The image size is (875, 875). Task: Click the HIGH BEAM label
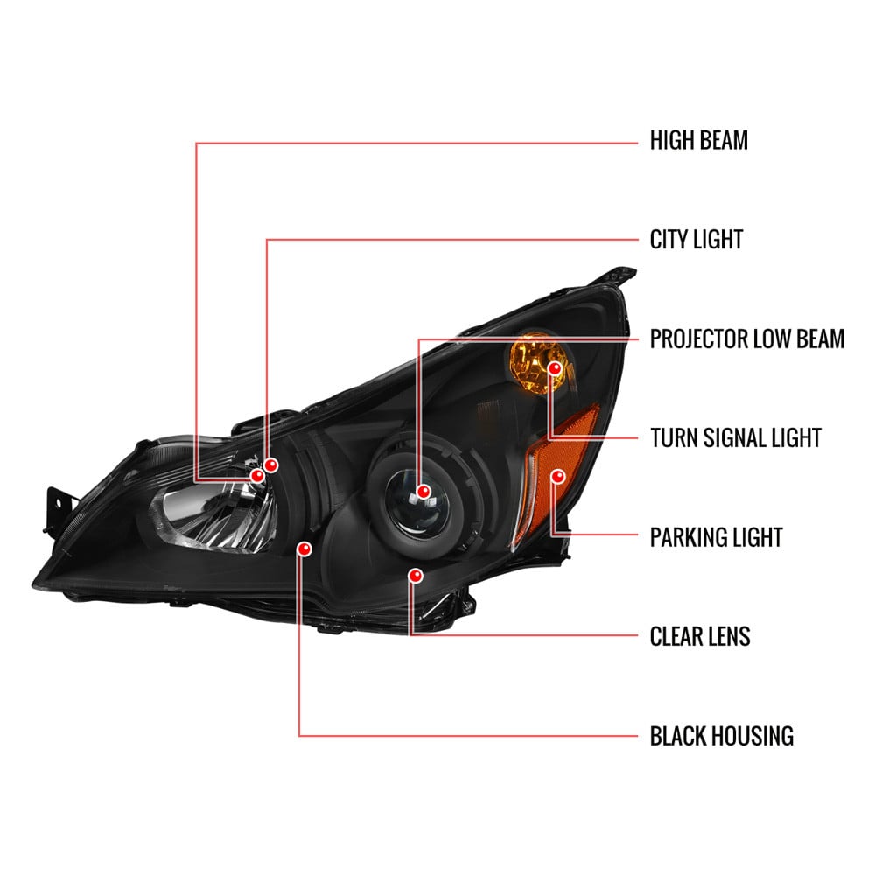tap(698, 140)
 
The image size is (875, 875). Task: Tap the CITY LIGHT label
tap(696, 240)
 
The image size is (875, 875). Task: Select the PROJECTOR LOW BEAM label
tap(747, 339)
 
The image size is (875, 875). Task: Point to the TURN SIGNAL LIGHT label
tap(736, 438)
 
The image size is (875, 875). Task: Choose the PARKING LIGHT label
tap(716, 537)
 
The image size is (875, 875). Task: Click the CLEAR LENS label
tap(700, 637)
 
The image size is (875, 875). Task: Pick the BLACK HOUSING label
tap(722, 736)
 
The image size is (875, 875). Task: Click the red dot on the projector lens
tap(423, 492)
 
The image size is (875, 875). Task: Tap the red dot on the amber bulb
tap(555, 368)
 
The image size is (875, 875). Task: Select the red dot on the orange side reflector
tap(557, 476)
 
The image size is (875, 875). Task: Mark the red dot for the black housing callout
tap(304, 549)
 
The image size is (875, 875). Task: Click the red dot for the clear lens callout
tap(415, 576)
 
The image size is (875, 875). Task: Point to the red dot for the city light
tap(270, 465)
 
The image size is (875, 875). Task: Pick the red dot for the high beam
tap(257, 475)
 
